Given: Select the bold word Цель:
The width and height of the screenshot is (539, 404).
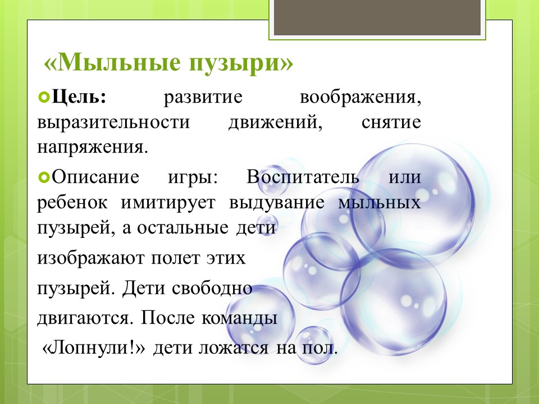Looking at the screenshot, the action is [79, 97].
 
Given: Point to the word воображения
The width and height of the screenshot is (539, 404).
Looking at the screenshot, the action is [360, 97].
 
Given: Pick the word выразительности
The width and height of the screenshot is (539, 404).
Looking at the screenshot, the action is [113, 122].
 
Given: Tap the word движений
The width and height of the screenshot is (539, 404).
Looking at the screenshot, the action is [276, 123].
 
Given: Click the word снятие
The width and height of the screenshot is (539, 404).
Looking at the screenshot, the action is [391, 122].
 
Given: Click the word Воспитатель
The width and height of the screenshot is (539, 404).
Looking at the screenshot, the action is [303, 177].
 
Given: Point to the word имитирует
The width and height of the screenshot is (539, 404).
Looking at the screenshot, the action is [168, 203].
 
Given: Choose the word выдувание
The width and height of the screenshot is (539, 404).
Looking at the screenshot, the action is [277, 203].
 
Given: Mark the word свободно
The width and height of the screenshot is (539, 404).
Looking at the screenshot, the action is [212, 288].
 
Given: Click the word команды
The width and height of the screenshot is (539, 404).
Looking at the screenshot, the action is [239, 318].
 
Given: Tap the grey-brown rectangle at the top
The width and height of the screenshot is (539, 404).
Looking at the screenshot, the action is [377, 17].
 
